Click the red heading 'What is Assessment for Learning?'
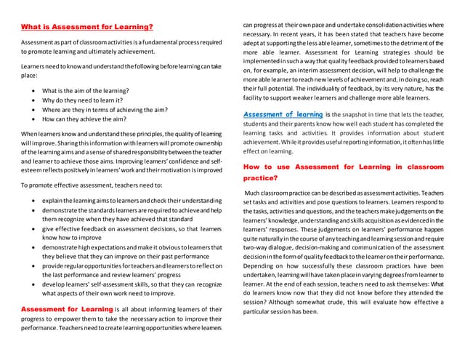[87, 28]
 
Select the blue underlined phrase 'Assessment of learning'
[283, 114]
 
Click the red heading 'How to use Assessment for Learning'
[342, 167]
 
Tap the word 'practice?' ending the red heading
[259, 178]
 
